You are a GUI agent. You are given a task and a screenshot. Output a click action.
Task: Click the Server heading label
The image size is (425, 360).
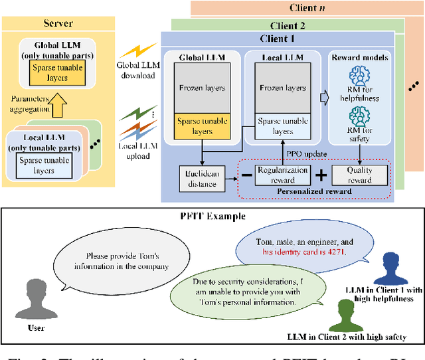pyautogui.click(x=59, y=23)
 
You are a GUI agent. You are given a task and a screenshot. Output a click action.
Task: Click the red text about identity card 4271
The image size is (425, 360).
pyautogui.click(x=302, y=252)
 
